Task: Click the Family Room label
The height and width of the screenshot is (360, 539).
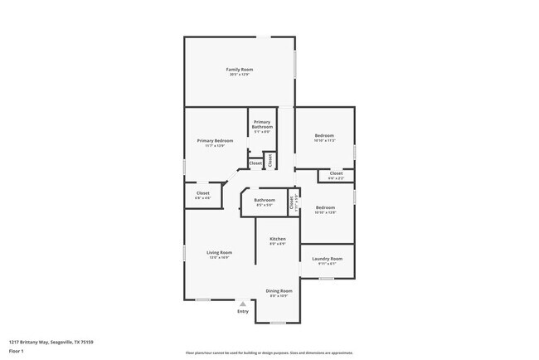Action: click(240, 69)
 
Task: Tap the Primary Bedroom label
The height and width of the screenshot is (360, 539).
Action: click(215, 141)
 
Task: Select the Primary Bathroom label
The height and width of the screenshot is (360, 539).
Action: click(262, 124)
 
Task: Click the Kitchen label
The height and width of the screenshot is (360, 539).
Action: click(277, 239)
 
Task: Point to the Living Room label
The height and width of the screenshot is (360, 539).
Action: click(219, 252)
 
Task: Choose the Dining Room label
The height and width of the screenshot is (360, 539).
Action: click(279, 290)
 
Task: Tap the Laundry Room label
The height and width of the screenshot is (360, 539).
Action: click(327, 259)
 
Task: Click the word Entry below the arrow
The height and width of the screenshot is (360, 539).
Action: click(242, 311)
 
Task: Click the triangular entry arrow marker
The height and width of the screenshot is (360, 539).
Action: click(242, 304)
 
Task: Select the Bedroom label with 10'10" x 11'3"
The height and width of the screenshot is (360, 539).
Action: click(324, 135)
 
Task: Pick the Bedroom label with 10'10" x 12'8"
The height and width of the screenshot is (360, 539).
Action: click(324, 207)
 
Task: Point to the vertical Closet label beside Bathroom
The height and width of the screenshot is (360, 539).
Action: click(291, 201)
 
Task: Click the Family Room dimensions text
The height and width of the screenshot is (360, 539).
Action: click(240, 75)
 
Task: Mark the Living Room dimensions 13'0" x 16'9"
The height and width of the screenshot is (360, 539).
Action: click(219, 257)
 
